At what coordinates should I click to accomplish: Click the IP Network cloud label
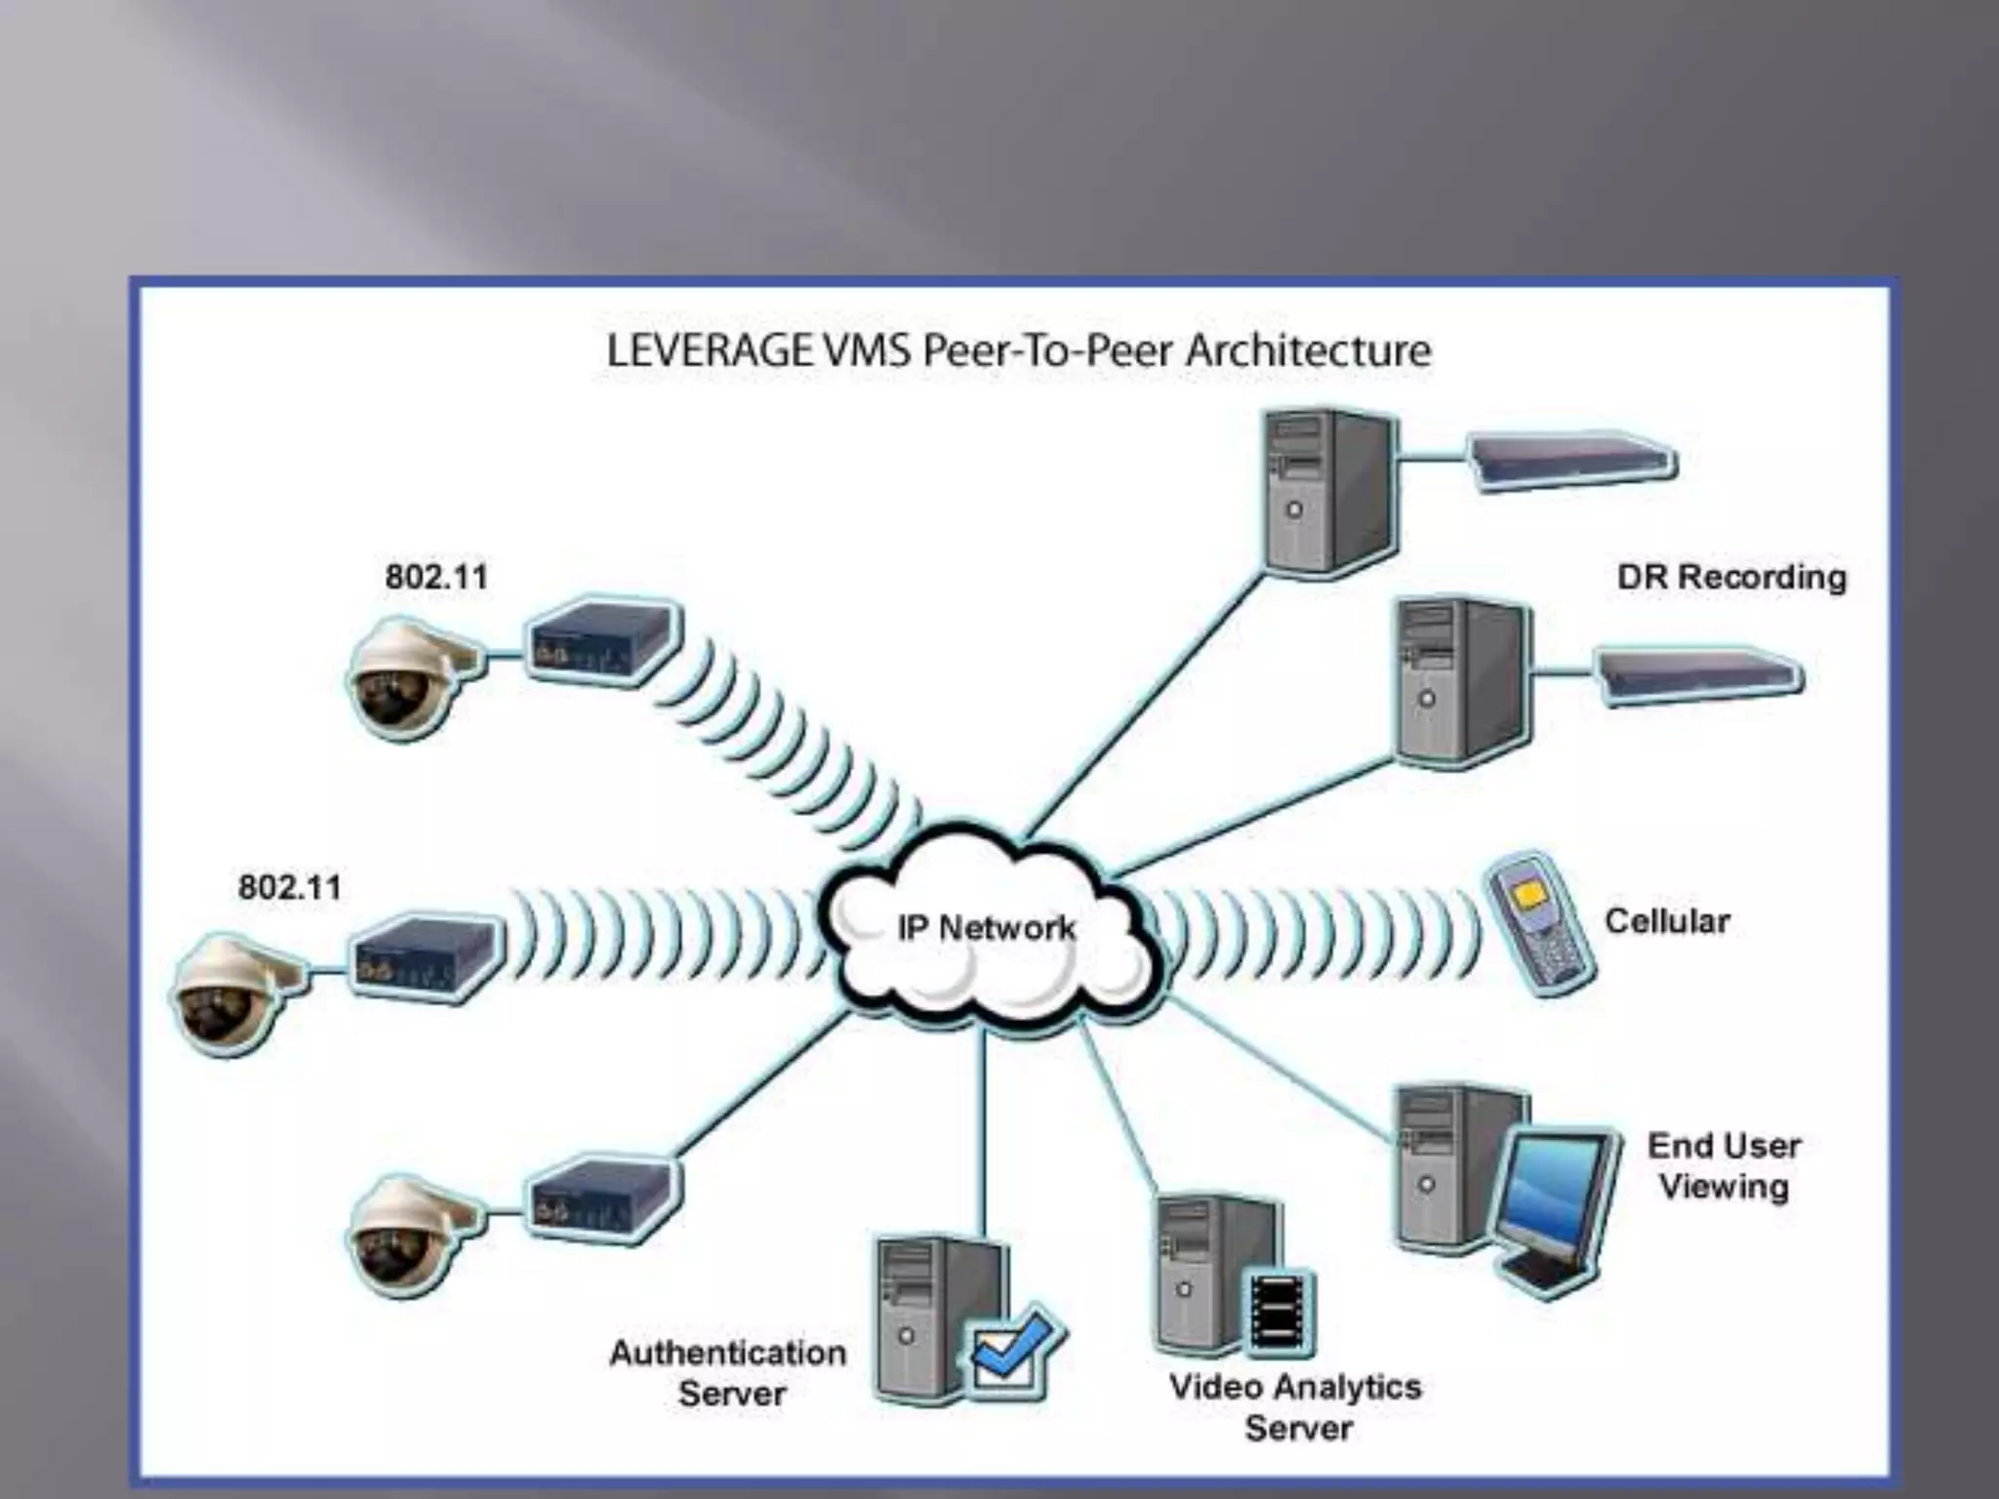click(986, 927)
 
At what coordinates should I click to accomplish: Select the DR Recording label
click(1732, 577)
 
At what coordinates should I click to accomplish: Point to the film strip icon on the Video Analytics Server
click(1278, 1312)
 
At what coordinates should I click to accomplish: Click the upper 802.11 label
click(435, 577)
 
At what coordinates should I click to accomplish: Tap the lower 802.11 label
click(290, 888)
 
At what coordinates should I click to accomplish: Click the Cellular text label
click(1667, 921)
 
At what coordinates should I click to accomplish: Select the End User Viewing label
click(1724, 1166)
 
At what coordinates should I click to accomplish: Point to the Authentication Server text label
click(729, 1373)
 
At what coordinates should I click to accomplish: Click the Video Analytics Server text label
click(1295, 1406)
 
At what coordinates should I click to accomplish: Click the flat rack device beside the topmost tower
click(1572, 461)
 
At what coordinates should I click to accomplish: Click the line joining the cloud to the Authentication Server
click(984, 1132)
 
